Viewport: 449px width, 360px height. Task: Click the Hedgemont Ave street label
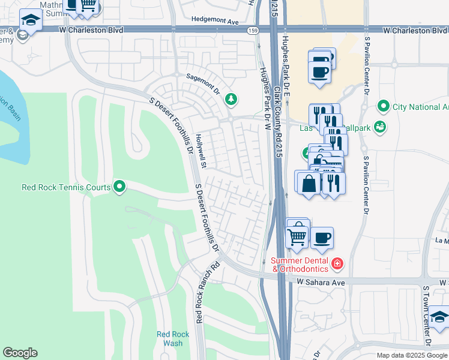pyautogui.click(x=215, y=19)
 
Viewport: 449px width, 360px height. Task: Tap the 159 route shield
pyautogui.click(x=253, y=29)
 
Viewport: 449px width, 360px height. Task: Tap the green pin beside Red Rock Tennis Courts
pyautogui.click(x=119, y=187)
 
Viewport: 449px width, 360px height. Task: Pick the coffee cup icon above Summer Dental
pyautogui.click(x=322, y=238)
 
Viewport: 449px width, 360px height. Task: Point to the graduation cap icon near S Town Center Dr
pyautogui.click(x=439, y=316)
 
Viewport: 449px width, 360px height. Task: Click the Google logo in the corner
pyautogui.click(x=20, y=353)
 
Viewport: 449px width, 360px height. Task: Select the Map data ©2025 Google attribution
pyautogui.click(x=411, y=355)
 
